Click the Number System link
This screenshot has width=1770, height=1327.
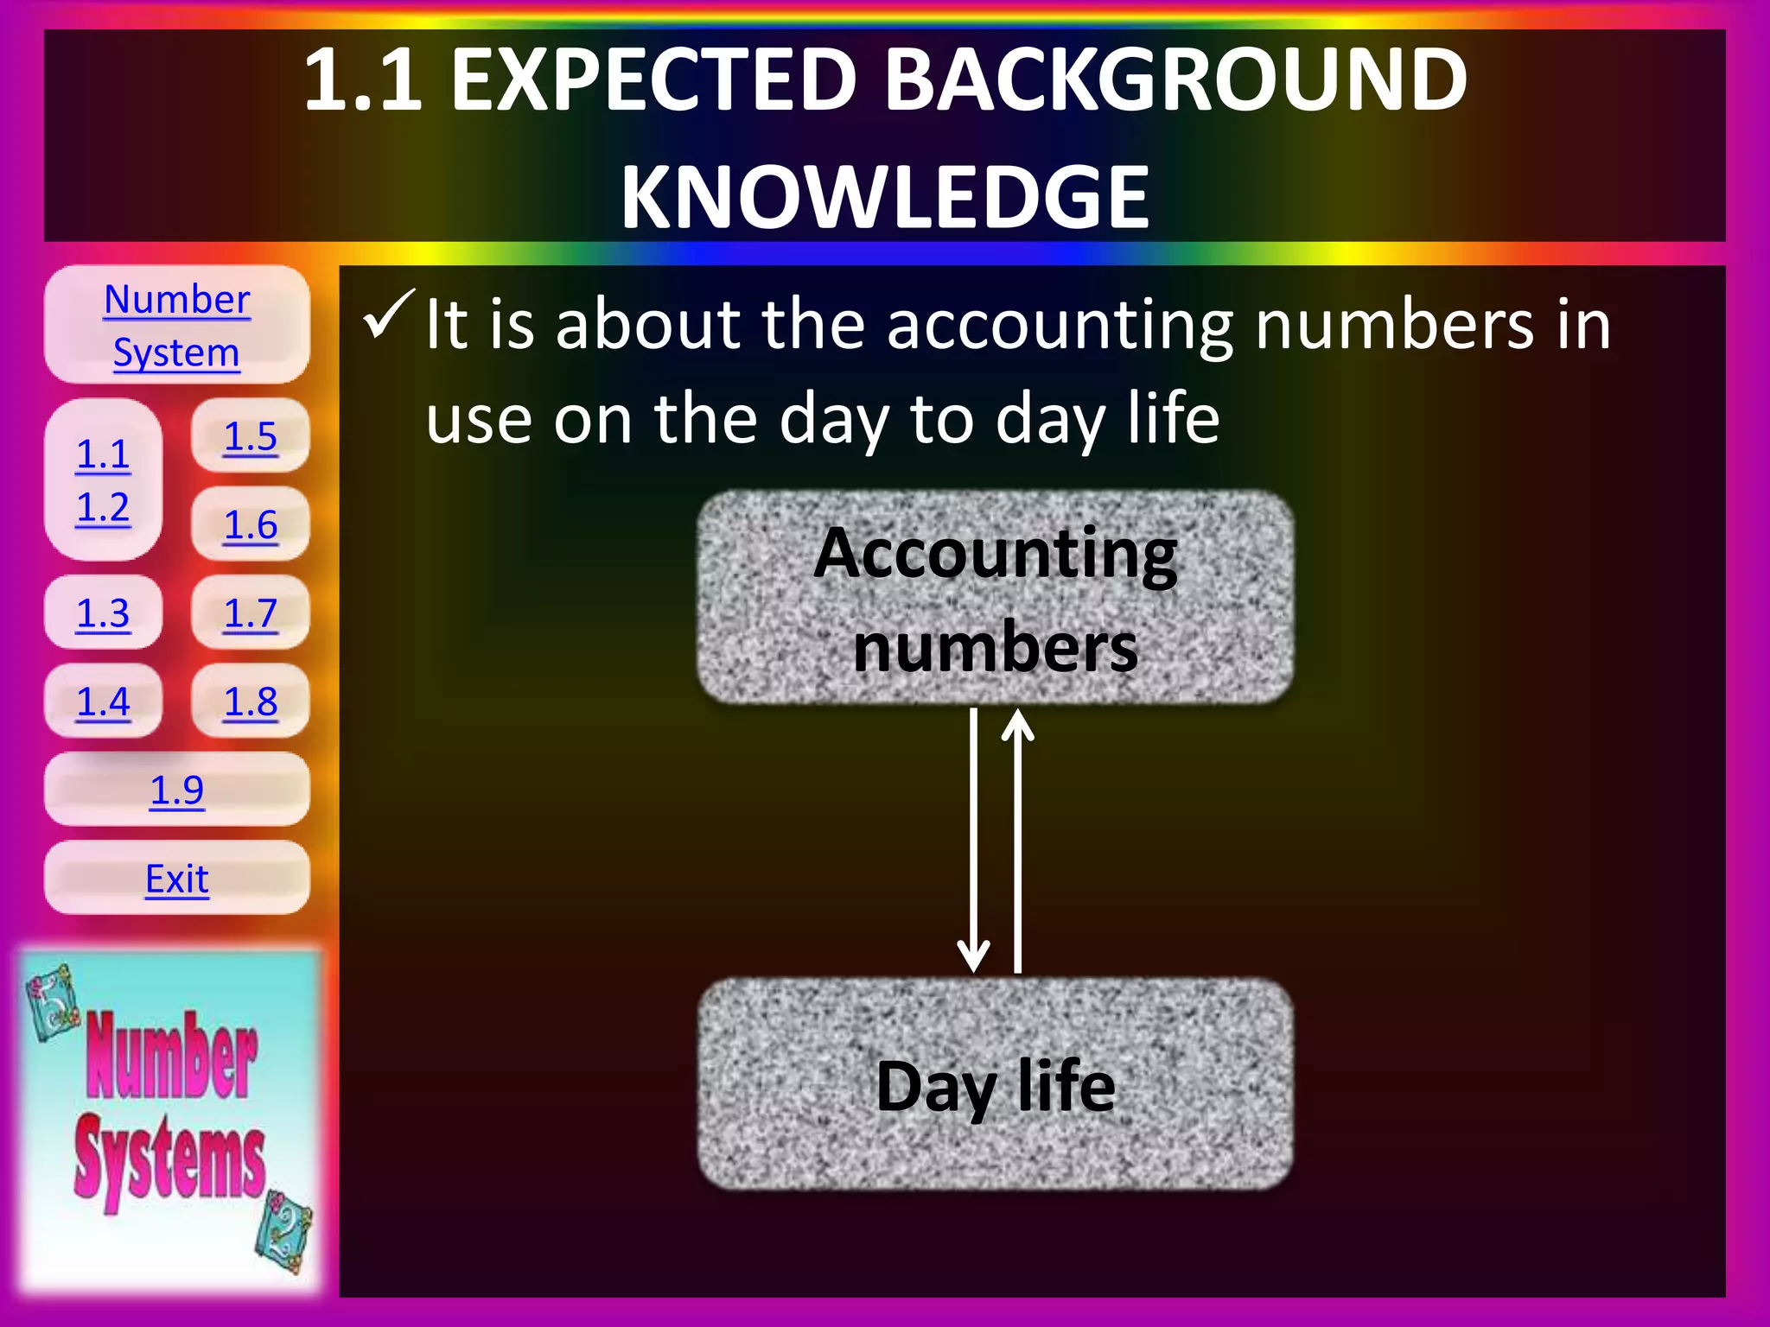pyautogui.click(x=176, y=325)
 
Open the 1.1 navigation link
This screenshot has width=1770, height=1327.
pyautogui.click(x=103, y=454)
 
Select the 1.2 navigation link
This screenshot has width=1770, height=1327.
pyautogui.click(x=103, y=507)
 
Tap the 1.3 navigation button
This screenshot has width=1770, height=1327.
pyautogui.click(x=103, y=613)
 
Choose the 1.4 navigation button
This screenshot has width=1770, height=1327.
pyautogui.click(x=103, y=702)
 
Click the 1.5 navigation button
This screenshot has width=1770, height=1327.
pyautogui.click(x=251, y=436)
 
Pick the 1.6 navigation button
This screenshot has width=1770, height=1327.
pyautogui.click(x=251, y=524)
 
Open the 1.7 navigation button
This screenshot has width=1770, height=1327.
pyautogui.click(x=251, y=613)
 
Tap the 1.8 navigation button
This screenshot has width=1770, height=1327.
pyautogui.click(x=251, y=702)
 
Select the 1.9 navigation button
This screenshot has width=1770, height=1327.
pyautogui.click(x=176, y=790)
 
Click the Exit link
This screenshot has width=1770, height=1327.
pyautogui.click(x=176, y=879)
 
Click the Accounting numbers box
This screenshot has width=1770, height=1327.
pyautogui.click(x=996, y=598)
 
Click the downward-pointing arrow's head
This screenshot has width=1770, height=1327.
pyautogui.click(x=973, y=959)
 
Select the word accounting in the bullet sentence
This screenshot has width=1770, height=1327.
pyautogui.click(x=1062, y=327)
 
